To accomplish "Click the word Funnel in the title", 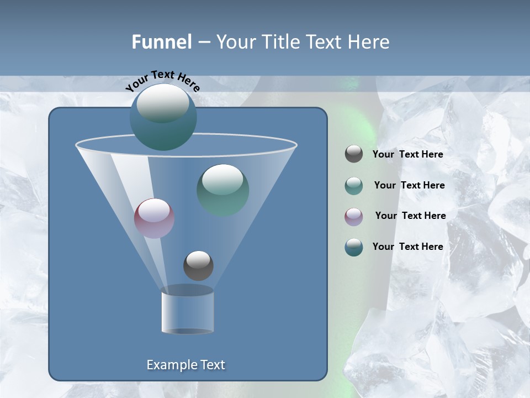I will click(162, 42).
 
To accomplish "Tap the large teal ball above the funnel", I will click(163, 117).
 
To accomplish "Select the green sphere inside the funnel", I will click(223, 190).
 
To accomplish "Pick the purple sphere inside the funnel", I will click(154, 218).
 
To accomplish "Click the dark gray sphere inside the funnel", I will click(198, 265).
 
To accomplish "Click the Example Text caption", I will click(185, 365).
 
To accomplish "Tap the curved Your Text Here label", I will click(162, 80).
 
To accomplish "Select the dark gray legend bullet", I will click(354, 154).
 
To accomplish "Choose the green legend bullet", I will click(354, 186).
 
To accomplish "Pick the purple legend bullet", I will click(354, 216).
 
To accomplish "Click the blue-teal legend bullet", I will click(354, 247).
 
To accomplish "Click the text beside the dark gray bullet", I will click(407, 155).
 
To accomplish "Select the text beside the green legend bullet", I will click(409, 186).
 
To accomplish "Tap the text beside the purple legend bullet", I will click(410, 216).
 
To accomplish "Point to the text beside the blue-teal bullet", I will click(407, 247).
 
